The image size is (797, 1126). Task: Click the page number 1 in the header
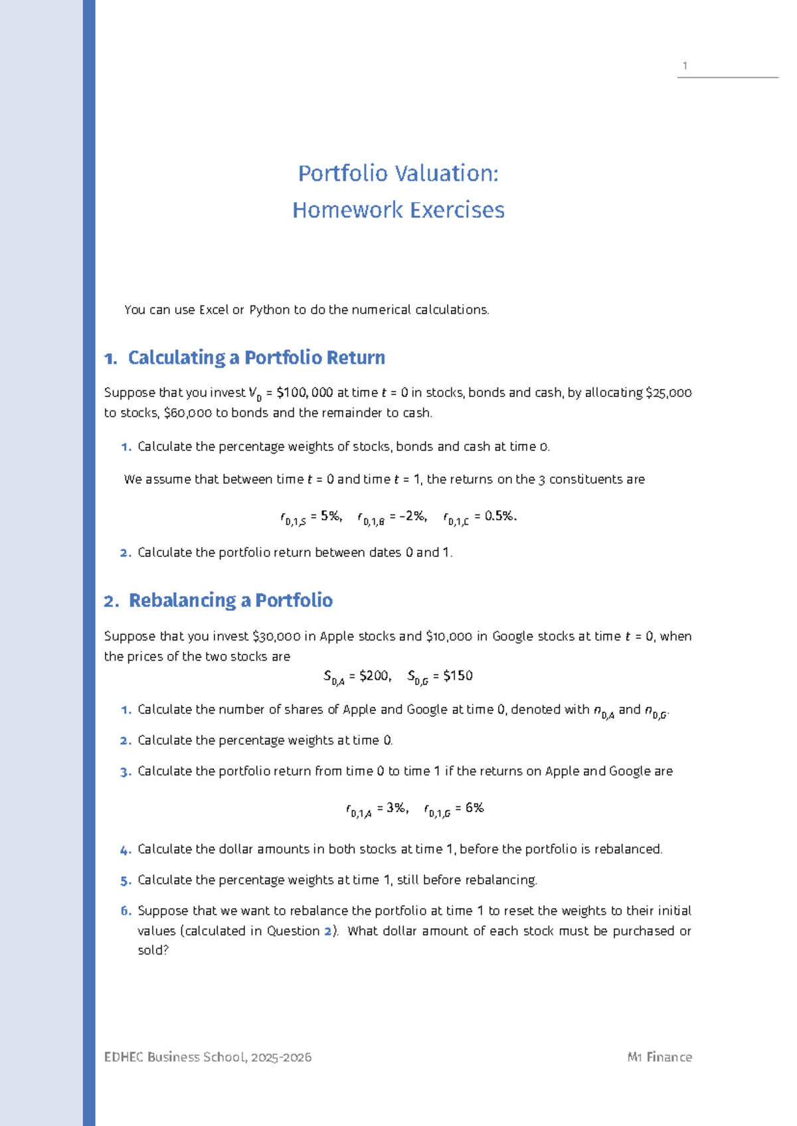point(685,66)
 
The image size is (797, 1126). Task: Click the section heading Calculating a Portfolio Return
point(256,358)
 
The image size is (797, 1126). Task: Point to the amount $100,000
point(305,392)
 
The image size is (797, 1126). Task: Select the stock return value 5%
point(330,516)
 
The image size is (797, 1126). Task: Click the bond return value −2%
point(412,516)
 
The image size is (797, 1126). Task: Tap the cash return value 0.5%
point(499,516)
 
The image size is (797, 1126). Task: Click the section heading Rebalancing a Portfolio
point(230,600)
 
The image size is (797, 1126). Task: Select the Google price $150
point(458,676)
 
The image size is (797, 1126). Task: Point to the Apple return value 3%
point(397,808)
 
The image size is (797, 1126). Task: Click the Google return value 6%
point(474,808)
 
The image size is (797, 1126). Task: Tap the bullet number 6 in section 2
point(126,911)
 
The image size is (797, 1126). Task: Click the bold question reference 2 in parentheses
point(327,931)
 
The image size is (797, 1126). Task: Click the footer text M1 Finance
point(659,1057)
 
